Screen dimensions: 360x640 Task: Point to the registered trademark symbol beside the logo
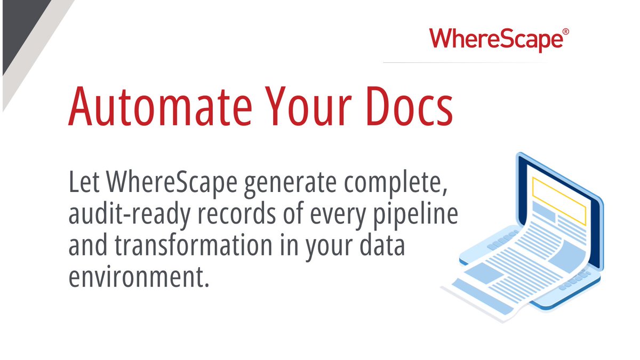pos(565,32)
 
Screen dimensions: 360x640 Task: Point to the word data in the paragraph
pos(381,246)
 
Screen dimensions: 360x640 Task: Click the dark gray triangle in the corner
pos(21,27)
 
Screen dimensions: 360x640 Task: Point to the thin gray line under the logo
pos(464,62)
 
